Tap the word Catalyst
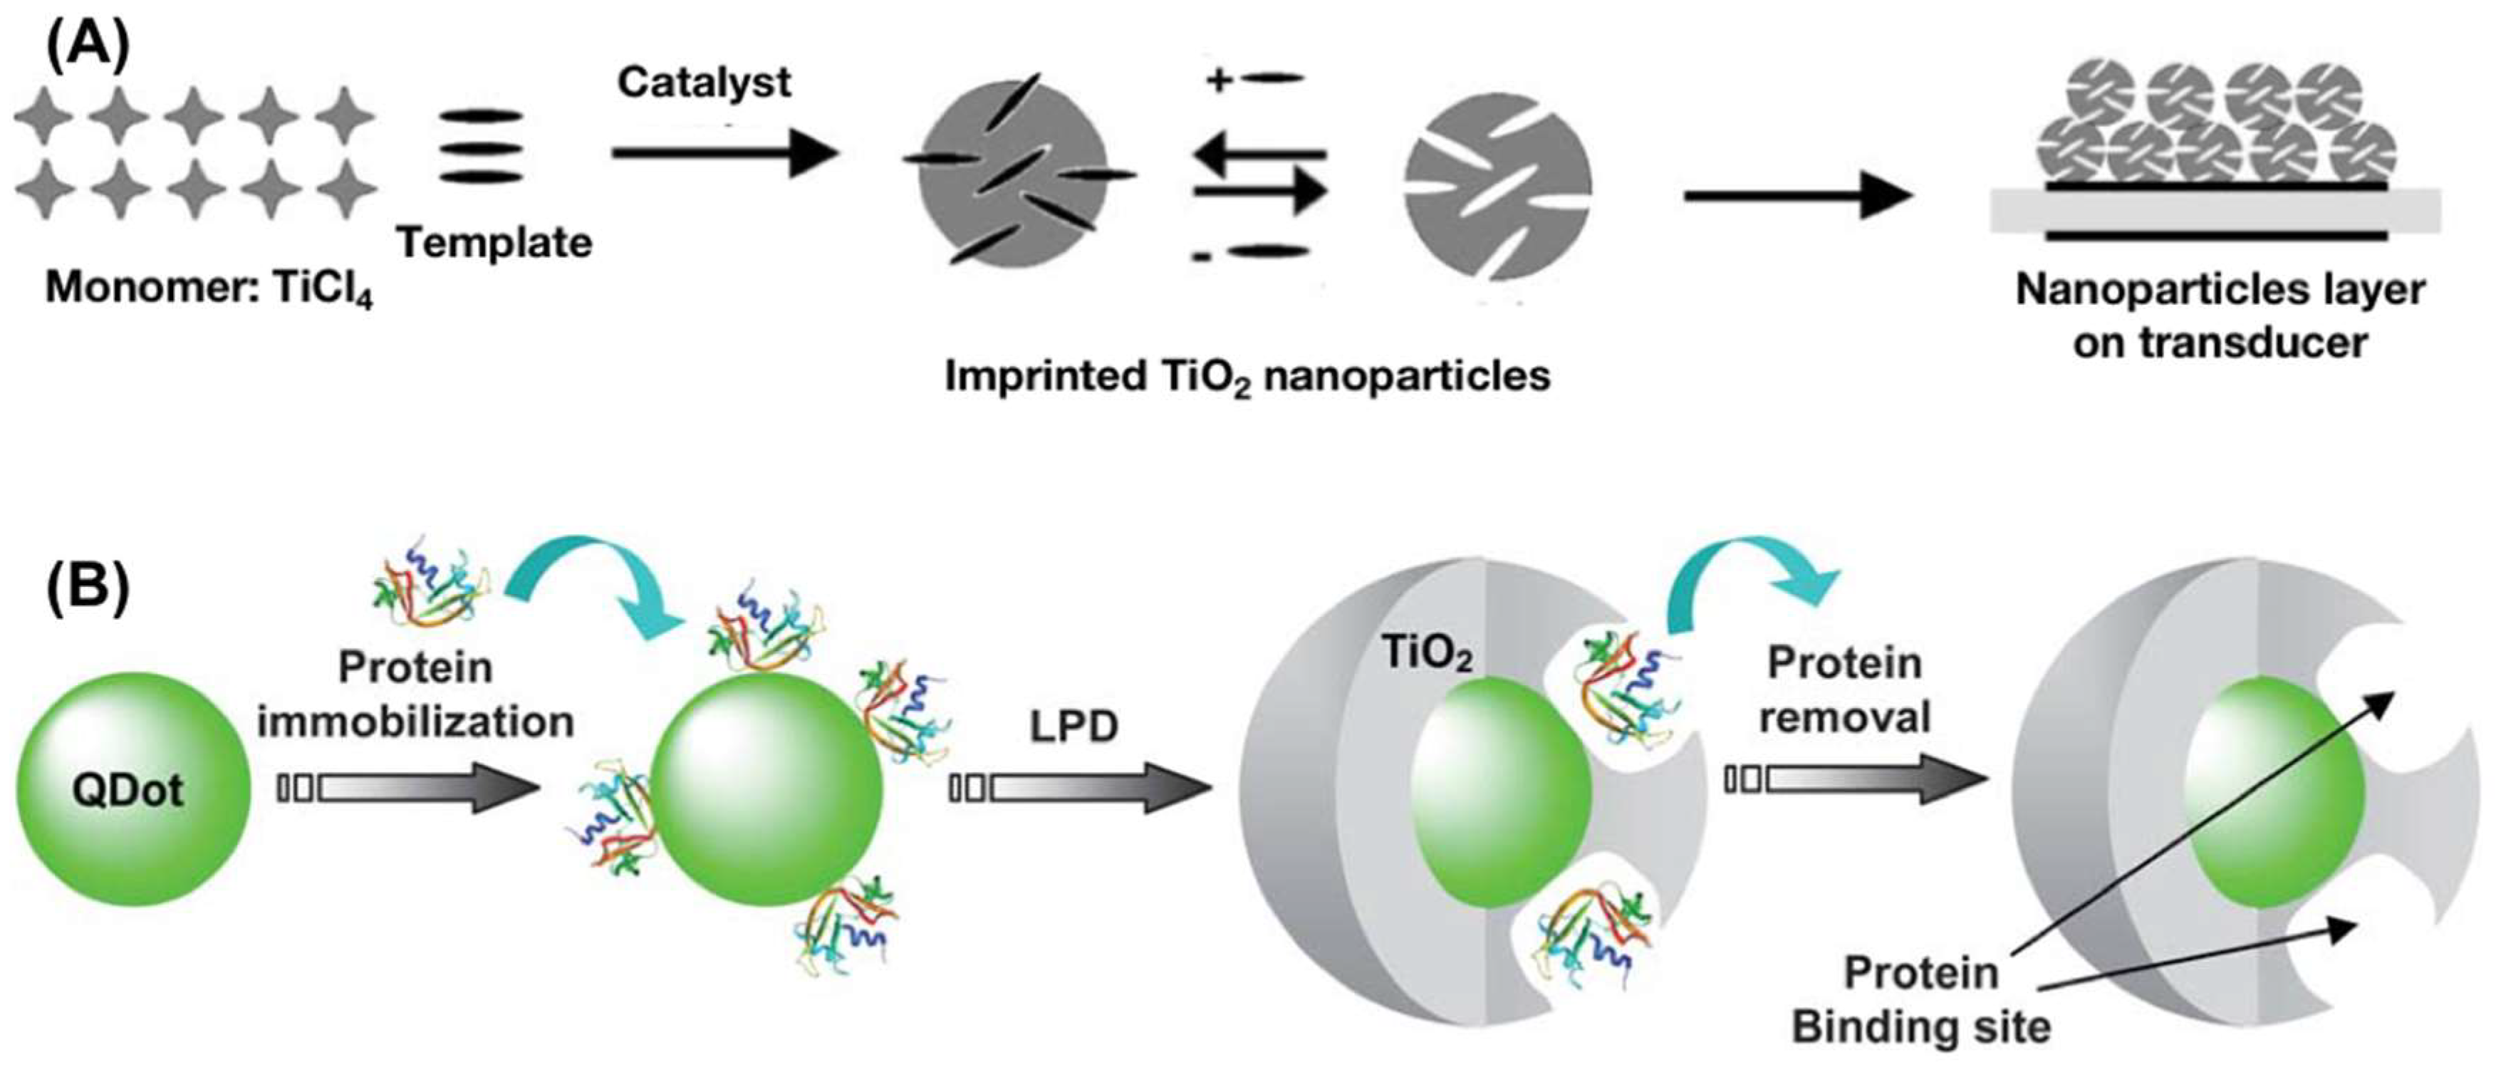[x=704, y=83]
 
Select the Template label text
[x=494, y=242]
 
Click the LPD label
[x=1073, y=727]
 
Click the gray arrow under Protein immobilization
[x=407, y=788]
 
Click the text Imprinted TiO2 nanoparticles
[x=1247, y=376]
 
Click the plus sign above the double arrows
[x=1218, y=80]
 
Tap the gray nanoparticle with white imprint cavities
[x=1498, y=186]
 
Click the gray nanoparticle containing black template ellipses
[x=1012, y=172]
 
